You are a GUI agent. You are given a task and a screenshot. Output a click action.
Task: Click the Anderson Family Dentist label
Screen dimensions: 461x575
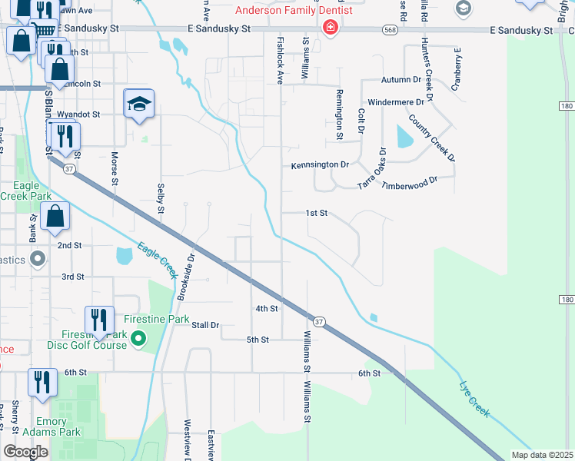[294, 11]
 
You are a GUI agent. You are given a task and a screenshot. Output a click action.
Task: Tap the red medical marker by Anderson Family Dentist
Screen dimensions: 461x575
[331, 28]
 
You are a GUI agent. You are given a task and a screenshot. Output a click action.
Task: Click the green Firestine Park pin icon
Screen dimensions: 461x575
[138, 337]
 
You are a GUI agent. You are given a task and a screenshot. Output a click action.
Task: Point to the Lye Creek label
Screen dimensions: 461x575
[474, 399]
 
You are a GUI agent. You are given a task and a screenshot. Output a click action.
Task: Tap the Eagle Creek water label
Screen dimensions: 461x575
[158, 260]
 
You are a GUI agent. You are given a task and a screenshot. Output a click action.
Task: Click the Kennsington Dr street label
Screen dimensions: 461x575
[320, 165]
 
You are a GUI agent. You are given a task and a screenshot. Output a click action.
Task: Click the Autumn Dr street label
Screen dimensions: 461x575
[401, 80]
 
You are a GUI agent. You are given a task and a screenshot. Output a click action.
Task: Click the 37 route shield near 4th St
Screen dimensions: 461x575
[320, 320]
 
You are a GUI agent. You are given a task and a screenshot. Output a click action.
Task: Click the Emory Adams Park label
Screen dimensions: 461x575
[58, 426]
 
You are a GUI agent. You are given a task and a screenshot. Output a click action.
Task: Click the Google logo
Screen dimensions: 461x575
[25, 452]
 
